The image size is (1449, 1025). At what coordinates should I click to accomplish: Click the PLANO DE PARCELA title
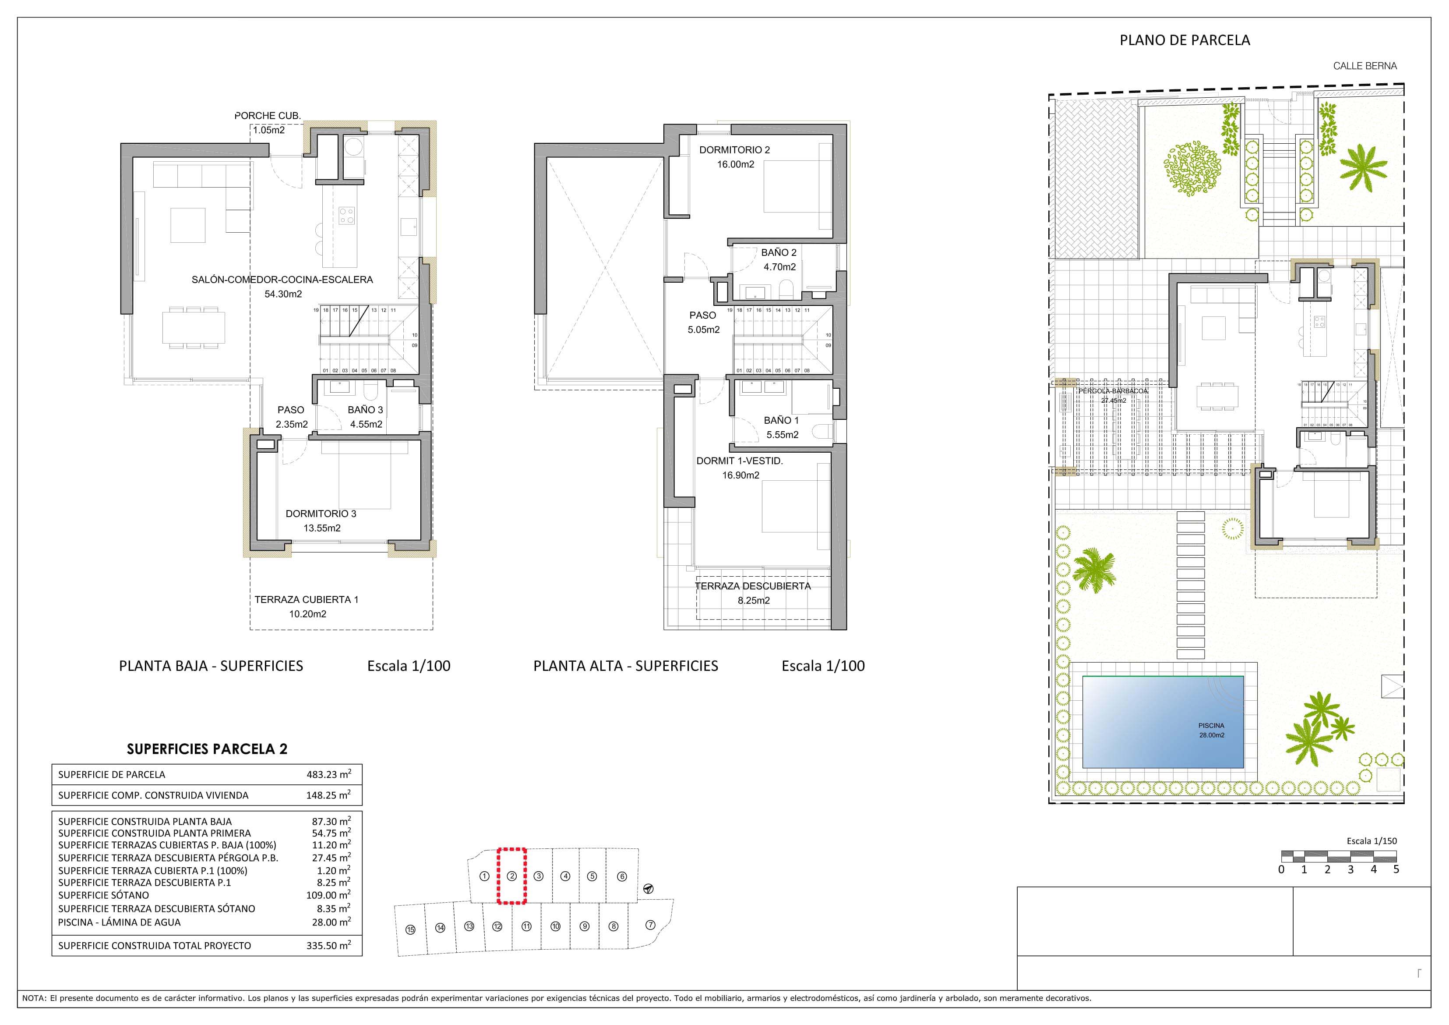(1184, 40)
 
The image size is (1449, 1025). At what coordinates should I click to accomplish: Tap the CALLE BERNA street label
(1364, 66)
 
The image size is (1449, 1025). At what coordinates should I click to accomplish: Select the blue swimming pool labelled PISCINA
(1163, 722)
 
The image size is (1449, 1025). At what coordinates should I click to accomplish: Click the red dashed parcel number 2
(512, 876)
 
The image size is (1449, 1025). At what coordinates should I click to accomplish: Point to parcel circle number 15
(410, 929)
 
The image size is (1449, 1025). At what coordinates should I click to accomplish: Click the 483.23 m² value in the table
(328, 774)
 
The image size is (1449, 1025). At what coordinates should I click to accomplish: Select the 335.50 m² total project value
(328, 945)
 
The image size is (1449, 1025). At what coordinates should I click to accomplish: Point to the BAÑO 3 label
(365, 410)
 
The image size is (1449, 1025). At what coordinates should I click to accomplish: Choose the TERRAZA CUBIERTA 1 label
(306, 599)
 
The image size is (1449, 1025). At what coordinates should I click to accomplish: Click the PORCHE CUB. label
(268, 116)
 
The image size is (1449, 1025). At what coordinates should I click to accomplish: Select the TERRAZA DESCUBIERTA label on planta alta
(753, 586)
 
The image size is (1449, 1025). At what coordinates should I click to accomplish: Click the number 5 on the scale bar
(1396, 869)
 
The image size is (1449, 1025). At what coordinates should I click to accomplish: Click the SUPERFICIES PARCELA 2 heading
(207, 749)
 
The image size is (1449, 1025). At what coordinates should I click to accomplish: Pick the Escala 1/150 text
(1371, 841)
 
